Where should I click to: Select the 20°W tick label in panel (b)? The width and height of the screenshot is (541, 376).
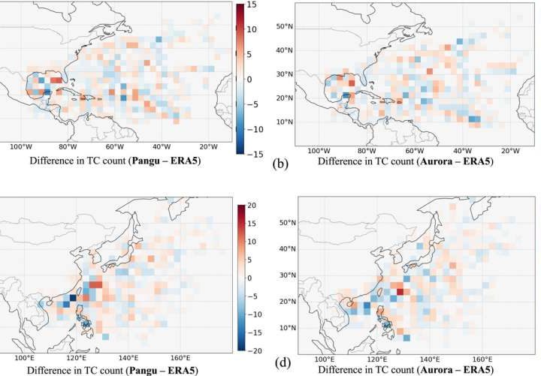509,150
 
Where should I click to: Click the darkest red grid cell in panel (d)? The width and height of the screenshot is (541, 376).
400,292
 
